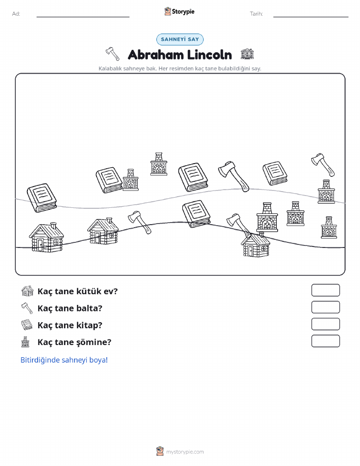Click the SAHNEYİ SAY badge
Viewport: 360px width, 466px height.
tap(180, 39)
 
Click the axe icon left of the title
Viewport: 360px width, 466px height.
tap(113, 53)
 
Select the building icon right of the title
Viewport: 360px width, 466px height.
tap(247, 54)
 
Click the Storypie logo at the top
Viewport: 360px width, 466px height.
tap(179, 12)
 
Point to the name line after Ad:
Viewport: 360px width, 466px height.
tap(83, 17)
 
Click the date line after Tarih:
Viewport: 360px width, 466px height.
tap(311, 17)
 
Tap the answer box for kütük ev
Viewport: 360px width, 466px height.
tap(325, 290)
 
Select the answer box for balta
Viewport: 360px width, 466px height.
tap(325, 307)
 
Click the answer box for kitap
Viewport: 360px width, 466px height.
tap(325, 324)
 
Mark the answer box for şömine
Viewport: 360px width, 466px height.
tap(325, 341)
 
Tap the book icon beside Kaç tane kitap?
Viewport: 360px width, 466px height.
tap(27, 325)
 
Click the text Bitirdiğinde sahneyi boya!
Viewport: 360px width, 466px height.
tap(64, 360)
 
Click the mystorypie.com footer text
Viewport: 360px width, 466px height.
tap(185, 452)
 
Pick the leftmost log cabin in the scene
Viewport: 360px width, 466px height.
tap(46, 237)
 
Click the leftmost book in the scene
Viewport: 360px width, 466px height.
tap(42, 198)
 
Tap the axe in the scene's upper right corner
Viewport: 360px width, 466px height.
tap(323, 165)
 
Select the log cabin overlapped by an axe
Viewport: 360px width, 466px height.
tap(256, 245)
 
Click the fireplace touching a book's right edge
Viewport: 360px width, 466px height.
tap(130, 180)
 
